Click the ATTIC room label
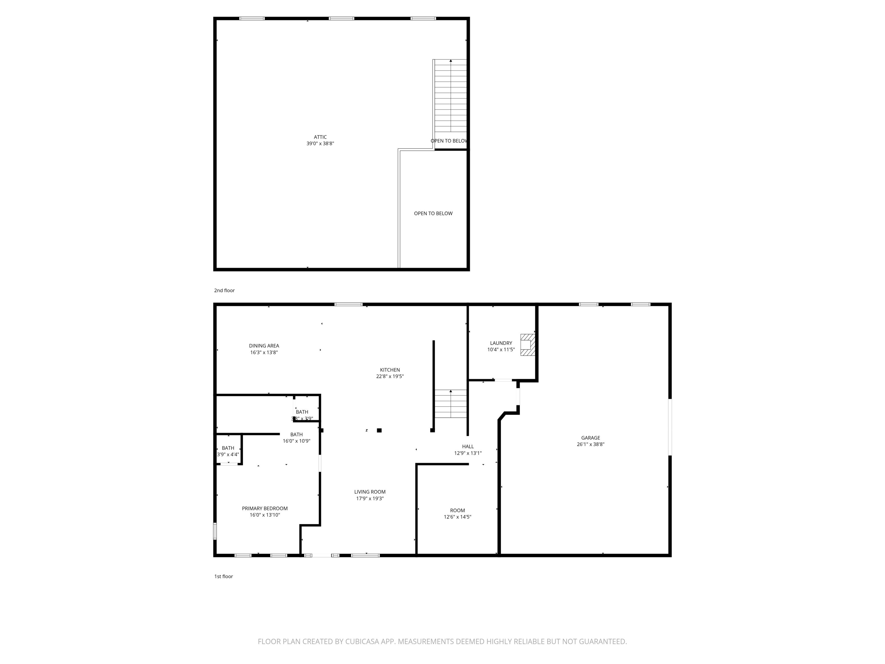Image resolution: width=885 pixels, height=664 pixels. click(320, 137)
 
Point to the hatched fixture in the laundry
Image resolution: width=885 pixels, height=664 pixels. click(527, 345)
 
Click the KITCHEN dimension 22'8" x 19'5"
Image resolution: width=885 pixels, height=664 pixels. click(390, 376)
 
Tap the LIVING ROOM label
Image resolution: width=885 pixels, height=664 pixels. click(369, 492)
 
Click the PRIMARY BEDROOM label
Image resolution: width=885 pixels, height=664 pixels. click(264, 508)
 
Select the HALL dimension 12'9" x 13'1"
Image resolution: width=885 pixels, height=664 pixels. click(467, 453)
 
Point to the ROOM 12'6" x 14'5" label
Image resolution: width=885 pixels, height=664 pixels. click(457, 514)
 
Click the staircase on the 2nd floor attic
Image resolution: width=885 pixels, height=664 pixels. click(451, 96)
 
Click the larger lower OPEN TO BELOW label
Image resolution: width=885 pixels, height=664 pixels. click(433, 213)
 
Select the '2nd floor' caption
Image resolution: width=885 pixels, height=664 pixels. click(224, 290)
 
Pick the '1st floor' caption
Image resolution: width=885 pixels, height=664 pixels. click(223, 576)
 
